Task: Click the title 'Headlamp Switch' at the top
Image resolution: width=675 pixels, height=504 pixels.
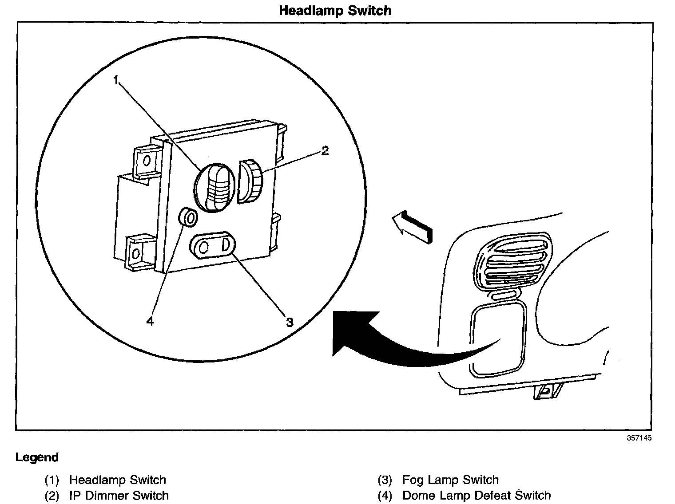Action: (x=335, y=10)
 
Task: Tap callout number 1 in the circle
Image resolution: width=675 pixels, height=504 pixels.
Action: (x=116, y=80)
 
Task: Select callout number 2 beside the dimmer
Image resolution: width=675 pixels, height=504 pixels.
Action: (x=325, y=151)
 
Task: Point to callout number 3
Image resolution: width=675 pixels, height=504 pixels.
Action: (x=290, y=322)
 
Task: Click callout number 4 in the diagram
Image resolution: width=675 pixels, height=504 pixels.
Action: (x=150, y=321)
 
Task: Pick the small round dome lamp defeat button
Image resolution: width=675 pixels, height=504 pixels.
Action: (x=188, y=218)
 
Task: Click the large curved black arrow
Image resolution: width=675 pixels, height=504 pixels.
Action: (x=400, y=342)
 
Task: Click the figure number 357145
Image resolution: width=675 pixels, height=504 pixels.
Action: (x=639, y=437)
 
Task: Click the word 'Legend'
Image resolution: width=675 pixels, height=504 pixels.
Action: (x=37, y=457)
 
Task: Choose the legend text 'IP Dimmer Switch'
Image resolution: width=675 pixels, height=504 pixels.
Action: (x=119, y=496)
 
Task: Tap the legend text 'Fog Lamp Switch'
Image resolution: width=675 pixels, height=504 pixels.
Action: (x=450, y=480)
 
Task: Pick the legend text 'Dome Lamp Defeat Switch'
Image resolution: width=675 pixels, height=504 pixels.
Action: (x=476, y=496)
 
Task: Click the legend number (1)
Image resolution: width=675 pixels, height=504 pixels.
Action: (x=52, y=480)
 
